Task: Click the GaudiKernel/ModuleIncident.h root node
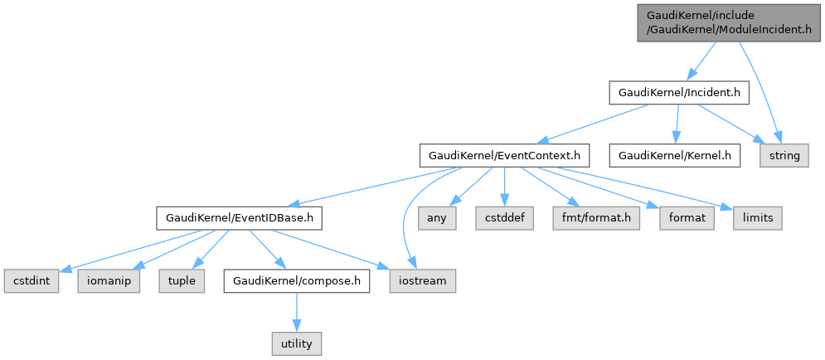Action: coord(729,22)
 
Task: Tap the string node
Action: coord(784,155)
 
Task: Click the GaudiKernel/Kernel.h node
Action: coord(674,155)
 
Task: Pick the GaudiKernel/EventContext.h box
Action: coord(505,155)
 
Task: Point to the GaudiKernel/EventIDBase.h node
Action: coord(240,218)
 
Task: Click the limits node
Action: coord(757,218)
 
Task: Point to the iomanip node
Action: coord(109,281)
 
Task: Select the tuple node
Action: coord(182,281)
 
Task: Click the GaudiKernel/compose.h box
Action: coord(296,281)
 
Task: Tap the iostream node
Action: coord(422,281)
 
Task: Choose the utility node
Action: coord(296,343)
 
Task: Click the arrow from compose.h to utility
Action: coord(296,313)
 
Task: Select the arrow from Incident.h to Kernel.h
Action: coord(677,124)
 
